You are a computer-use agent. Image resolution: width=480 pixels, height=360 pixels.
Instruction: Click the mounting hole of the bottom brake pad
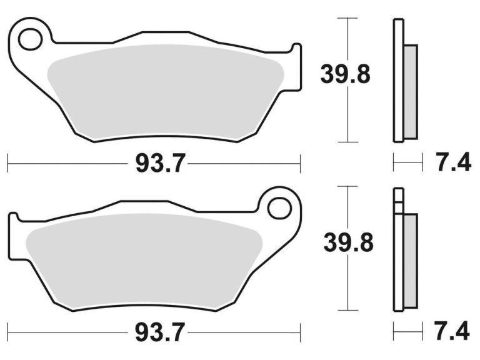pyautogui.click(x=279, y=207)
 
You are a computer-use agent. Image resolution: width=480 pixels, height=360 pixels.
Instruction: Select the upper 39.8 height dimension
pyautogui.click(x=346, y=74)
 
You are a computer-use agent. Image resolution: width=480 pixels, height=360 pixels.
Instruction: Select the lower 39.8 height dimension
pyautogui.click(x=348, y=242)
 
